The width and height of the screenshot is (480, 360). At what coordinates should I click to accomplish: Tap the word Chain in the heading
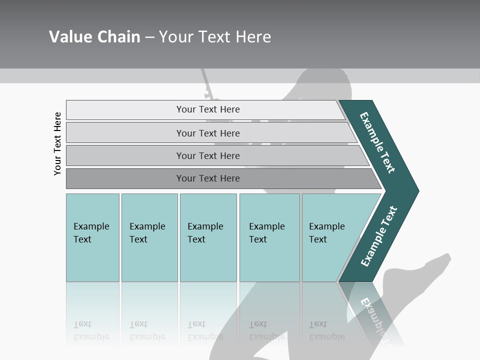(117, 37)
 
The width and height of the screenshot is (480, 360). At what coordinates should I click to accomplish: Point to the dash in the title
(149, 37)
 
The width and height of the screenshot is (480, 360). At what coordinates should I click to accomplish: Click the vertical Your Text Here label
(57, 143)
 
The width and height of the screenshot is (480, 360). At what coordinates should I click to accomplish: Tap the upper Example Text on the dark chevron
(377, 142)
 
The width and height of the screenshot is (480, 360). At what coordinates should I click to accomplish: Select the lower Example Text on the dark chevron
(379, 236)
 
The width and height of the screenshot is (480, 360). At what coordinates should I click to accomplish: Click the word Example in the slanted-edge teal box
(326, 226)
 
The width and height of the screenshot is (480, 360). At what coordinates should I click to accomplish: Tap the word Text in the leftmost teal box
(82, 239)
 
